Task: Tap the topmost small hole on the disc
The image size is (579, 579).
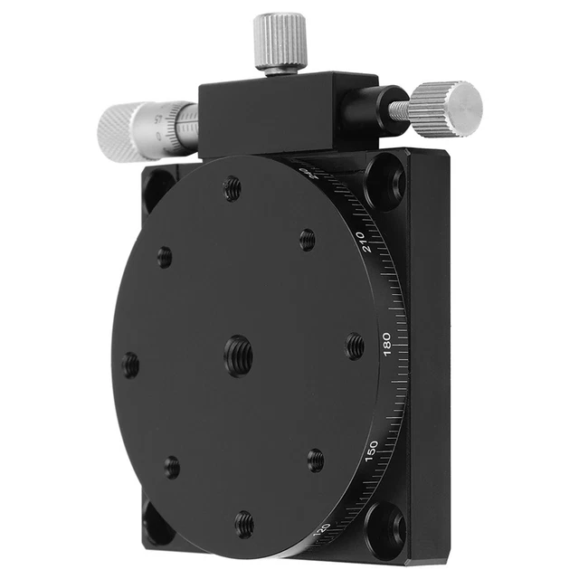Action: (x=233, y=188)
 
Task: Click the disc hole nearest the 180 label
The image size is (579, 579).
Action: (x=354, y=345)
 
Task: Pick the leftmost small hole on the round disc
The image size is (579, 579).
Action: (x=131, y=365)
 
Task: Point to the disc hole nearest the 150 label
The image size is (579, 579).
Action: (x=315, y=460)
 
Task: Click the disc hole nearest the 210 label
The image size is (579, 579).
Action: (x=308, y=239)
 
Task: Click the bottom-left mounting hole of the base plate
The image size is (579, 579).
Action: (x=157, y=519)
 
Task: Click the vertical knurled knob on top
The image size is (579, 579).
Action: (x=280, y=41)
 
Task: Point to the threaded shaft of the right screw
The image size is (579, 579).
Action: (x=398, y=110)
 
